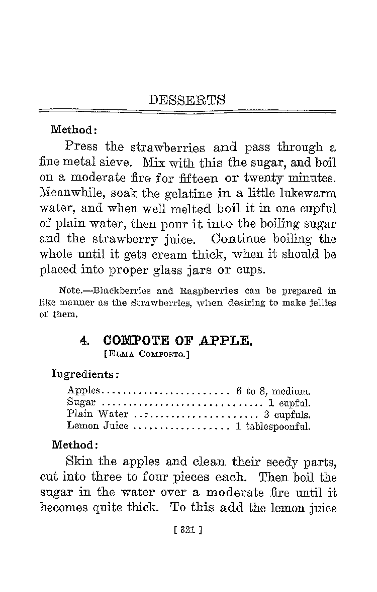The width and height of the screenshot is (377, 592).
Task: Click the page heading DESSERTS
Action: point(187,100)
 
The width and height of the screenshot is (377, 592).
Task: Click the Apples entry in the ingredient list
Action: point(84,390)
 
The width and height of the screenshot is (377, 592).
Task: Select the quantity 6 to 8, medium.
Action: point(273,390)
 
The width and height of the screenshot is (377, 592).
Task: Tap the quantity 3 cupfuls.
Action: point(287,414)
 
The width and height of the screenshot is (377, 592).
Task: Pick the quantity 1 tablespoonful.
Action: point(273,427)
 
